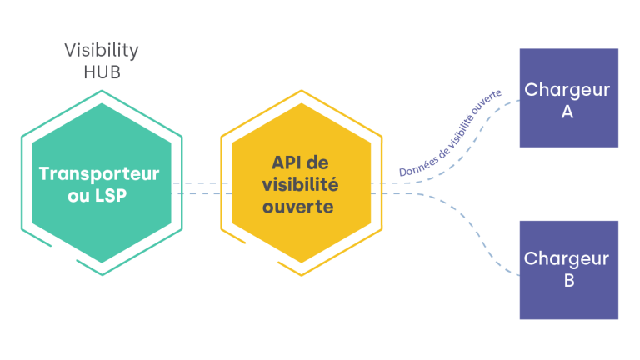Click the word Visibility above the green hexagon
point(102,51)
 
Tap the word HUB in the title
point(102,72)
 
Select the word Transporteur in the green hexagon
point(99,174)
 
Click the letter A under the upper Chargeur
point(567,111)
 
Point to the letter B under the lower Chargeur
point(568,281)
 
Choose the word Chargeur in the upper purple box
point(567,89)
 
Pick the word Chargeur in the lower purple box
point(567,259)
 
